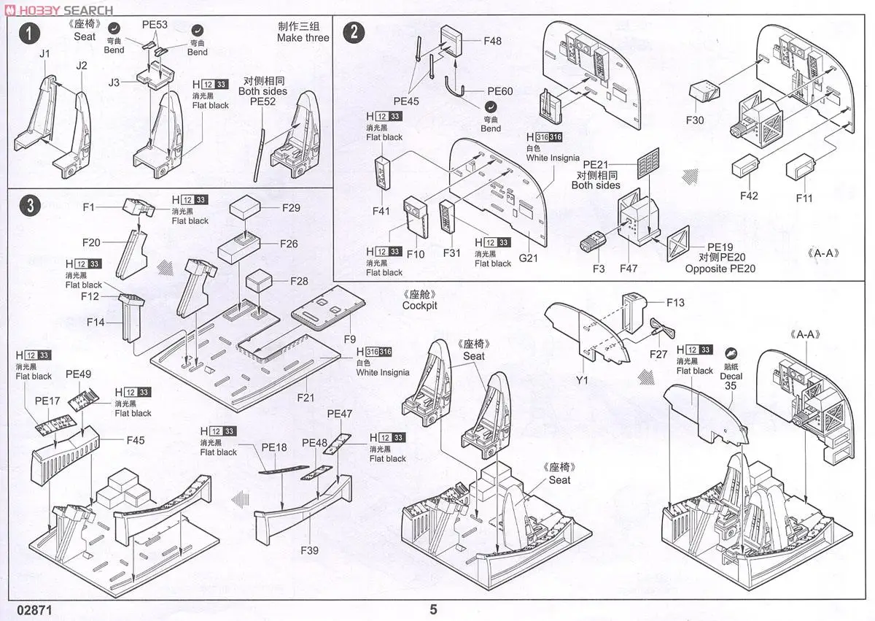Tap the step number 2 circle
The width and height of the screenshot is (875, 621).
click(354, 33)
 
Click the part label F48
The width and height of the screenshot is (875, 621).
click(493, 41)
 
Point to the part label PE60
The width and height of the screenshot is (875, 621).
click(501, 91)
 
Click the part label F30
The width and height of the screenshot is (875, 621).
click(695, 120)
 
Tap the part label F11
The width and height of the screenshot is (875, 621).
click(804, 198)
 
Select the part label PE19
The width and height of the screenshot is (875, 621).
click(720, 247)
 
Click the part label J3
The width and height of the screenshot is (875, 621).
click(113, 82)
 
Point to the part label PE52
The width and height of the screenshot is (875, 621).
click(262, 103)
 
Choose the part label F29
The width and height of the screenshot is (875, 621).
click(290, 208)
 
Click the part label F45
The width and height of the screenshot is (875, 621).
click(136, 440)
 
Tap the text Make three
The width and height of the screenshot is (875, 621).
click(303, 37)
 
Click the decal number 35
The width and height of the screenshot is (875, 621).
click(731, 387)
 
